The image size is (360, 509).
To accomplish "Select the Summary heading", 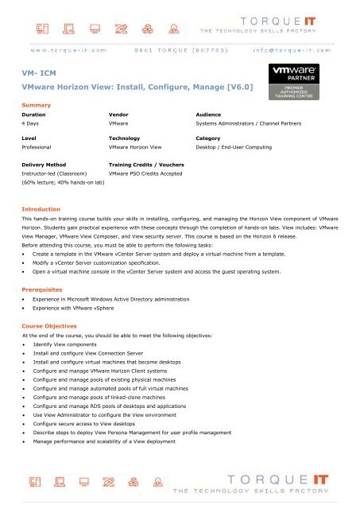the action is (37, 105).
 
